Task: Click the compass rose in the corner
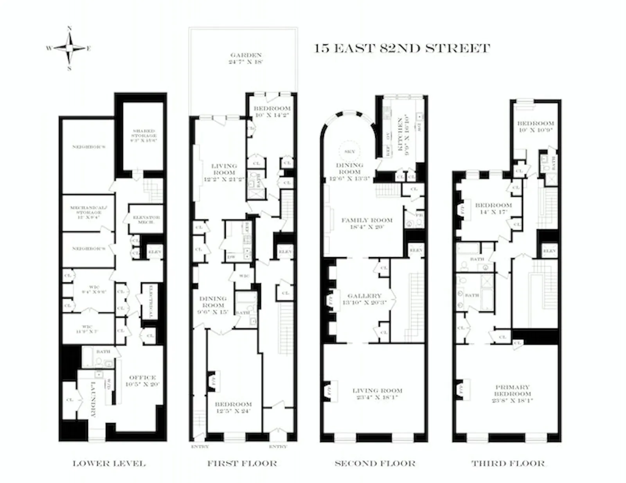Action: (69, 49)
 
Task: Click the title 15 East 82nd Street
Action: (402, 49)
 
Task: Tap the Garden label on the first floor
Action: (246, 58)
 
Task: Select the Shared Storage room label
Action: (144, 135)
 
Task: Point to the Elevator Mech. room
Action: (146, 219)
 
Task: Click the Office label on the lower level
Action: (142, 380)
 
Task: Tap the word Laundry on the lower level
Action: (93, 399)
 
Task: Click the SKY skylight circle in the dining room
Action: (350, 151)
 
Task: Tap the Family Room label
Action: (367, 223)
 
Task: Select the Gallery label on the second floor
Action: (364, 299)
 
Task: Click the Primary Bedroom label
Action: (512, 393)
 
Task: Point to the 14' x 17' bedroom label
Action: (493, 208)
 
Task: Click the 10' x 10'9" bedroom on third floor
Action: (535, 126)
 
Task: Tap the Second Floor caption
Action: (375, 463)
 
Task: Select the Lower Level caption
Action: (109, 463)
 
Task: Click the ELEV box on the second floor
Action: (416, 250)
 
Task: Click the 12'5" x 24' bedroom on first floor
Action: (233, 407)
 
